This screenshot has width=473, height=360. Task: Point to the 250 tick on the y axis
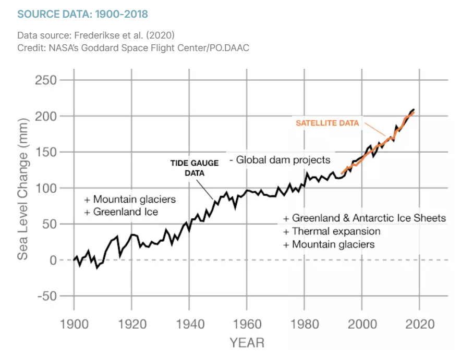(46, 81)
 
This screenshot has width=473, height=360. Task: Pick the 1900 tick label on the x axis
(74, 324)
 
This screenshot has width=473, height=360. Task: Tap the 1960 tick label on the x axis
(247, 324)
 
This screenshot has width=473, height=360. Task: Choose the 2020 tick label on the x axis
(420, 324)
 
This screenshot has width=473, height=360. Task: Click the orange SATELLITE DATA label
(328, 123)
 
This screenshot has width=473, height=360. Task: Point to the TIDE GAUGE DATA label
(194, 168)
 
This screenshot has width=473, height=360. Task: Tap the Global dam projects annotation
(280, 159)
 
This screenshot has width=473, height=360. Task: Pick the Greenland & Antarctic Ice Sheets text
(365, 218)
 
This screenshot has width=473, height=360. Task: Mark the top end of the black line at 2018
(414, 109)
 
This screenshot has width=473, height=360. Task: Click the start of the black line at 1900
(74, 259)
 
